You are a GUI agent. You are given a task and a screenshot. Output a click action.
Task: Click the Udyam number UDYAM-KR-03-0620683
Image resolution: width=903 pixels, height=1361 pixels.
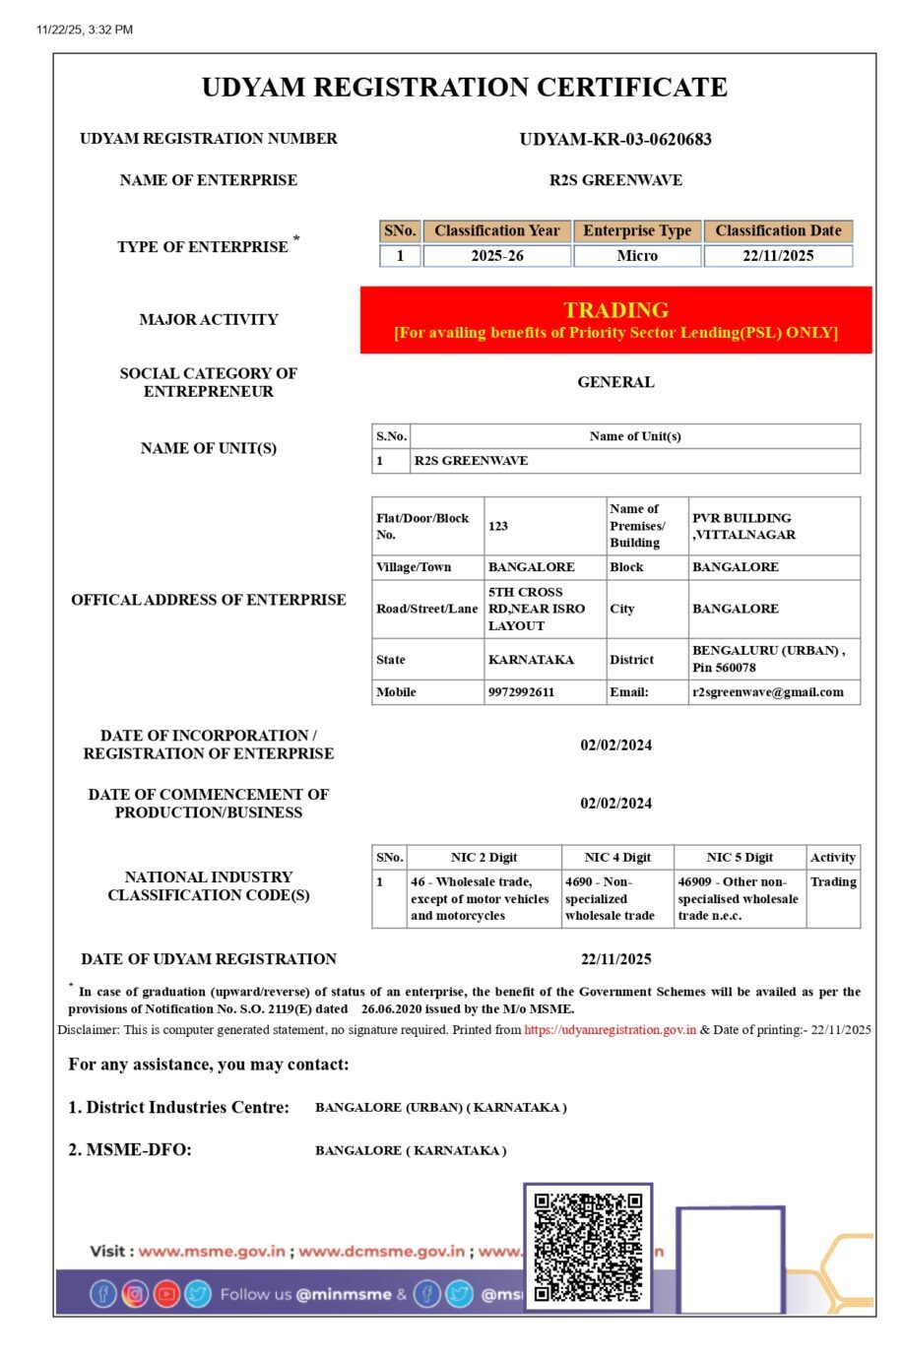615,139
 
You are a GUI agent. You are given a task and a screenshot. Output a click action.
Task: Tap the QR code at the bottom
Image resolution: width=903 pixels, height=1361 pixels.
588,1247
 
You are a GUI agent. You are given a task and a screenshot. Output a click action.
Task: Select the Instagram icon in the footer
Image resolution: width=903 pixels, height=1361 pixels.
135,1293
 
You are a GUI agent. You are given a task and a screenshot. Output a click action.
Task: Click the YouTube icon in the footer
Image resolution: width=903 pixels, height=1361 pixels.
166,1293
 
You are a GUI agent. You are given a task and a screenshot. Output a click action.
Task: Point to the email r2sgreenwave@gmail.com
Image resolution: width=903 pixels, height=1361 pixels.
767,692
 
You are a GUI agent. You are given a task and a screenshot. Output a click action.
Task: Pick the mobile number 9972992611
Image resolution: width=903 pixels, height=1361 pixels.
521,692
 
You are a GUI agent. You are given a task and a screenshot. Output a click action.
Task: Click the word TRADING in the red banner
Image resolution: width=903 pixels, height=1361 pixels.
615,310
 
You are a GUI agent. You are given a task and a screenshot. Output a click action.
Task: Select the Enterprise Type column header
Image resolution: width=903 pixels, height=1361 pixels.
637,230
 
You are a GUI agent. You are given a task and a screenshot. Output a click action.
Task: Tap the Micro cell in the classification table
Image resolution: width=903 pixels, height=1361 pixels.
637,256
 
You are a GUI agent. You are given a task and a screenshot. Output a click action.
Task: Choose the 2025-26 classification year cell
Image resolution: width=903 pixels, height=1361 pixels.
497,256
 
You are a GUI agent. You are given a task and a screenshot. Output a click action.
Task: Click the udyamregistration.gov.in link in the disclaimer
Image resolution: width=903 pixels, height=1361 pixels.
610,1030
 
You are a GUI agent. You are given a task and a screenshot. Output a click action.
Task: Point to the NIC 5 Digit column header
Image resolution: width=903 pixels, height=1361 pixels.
740,858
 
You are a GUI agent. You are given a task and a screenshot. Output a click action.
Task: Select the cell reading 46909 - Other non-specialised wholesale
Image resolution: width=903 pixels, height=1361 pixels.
739,899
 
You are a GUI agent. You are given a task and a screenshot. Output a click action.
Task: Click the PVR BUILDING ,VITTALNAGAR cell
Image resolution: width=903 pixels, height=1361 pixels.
743,526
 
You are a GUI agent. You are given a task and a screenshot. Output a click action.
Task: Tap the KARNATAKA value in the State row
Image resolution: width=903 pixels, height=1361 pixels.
531,660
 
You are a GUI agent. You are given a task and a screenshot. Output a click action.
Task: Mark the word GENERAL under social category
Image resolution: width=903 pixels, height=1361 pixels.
615,382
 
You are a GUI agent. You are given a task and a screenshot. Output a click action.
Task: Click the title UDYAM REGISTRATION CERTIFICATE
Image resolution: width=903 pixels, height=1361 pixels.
464,88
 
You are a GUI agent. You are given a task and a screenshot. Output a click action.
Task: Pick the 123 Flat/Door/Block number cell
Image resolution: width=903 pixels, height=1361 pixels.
498,526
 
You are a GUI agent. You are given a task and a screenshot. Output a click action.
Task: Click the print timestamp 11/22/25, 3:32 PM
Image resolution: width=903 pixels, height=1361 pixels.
85,30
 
